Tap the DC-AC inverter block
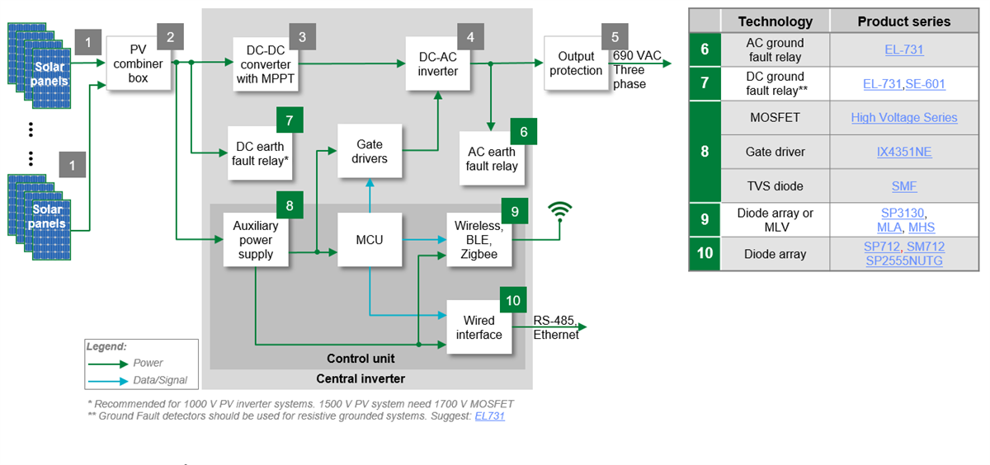(438, 64)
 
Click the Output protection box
(575, 63)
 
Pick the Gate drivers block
(370, 152)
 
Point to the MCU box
(370, 240)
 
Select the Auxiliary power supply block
(256, 240)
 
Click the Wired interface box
(479, 327)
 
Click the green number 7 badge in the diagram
(289, 120)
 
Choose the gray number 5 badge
(614, 37)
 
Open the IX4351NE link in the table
(904, 152)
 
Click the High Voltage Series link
(904, 118)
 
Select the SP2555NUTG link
(904, 261)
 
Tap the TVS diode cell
(775, 186)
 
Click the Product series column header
(904, 21)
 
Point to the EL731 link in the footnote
(489, 416)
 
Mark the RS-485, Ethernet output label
(555, 328)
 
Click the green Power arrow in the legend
(109, 363)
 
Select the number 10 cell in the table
(705, 253)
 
